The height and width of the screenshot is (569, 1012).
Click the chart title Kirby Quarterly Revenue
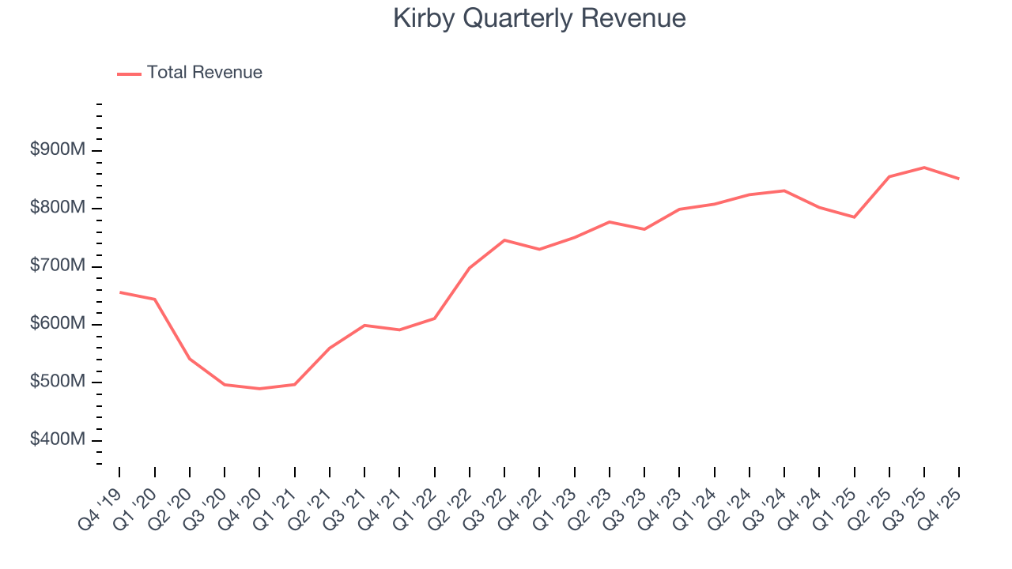539,18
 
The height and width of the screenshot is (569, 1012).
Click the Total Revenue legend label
204,73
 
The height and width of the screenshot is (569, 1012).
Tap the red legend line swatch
129,73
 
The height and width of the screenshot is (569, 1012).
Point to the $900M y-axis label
58,150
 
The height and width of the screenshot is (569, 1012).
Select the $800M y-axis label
58,208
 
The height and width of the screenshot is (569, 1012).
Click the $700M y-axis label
58,266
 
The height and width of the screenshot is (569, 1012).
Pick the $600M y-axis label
58,324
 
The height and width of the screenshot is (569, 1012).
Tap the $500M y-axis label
58,382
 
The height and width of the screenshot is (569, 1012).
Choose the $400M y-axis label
58,440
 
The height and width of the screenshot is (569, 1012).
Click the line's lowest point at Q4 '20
259,389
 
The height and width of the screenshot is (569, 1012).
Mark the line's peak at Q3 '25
924,168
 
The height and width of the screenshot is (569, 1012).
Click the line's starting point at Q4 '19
120,292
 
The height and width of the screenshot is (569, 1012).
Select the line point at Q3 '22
504,239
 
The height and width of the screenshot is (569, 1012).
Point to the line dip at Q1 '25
855,217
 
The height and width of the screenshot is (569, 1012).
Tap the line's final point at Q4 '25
959,179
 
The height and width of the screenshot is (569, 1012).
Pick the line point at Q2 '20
190,359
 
